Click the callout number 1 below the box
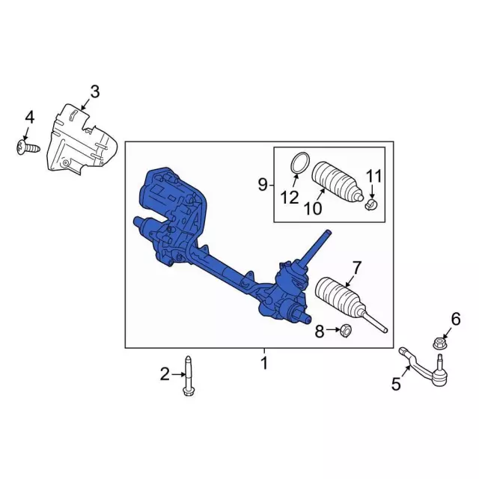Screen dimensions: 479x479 pyautogui.click(x=263, y=364)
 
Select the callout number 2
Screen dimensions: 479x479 pyautogui.click(x=165, y=373)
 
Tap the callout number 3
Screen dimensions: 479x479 pyautogui.click(x=94, y=92)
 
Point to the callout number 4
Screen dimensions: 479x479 pyautogui.click(x=30, y=117)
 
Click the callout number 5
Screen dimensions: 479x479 pyautogui.click(x=396, y=385)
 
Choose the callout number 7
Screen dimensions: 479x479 pyautogui.click(x=356, y=266)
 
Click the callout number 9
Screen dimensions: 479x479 pyautogui.click(x=263, y=184)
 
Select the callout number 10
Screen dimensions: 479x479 pyautogui.click(x=314, y=208)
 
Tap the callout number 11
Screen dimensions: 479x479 pyautogui.click(x=373, y=177)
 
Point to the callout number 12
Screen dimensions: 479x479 pyautogui.click(x=290, y=198)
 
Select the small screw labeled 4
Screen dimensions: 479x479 pyautogui.click(x=22, y=149)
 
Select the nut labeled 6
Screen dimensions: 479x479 pyautogui.click(x=439, y=344)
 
